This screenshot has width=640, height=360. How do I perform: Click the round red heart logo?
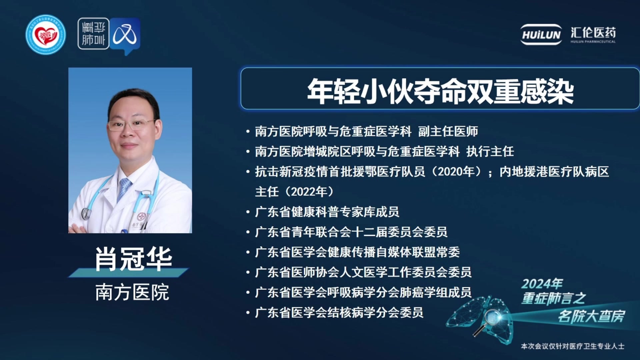pyautogui.click(x=46, y=35)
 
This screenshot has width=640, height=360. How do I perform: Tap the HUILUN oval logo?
pyautogui.click(x=541, y=34)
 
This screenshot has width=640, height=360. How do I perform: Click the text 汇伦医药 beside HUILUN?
pyautogui.click(x=593, y=33)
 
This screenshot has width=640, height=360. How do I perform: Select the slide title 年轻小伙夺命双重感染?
pyautogui.click(x=440, y=91)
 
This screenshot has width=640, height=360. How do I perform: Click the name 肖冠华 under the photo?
pyautogui.click(x=133, y=259)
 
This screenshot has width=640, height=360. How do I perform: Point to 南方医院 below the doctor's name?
pyautogui.click(x=132, y=292)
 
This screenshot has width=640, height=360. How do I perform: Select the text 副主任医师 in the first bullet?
pyautogui.click(x=448, y=131)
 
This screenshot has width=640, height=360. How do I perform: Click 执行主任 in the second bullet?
pyautogui.click(x=490, y=152)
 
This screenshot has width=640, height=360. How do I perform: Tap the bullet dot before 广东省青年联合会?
pyautogui.click(x=248, y=232)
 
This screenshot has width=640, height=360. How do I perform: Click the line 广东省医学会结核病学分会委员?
pyautogui.click(x=339, y=313)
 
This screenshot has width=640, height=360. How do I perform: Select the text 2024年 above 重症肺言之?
pyautogui.click(x=542, y=284)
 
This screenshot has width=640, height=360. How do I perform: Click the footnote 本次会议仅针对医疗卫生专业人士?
pyautogui.click(x=573, y=346)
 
